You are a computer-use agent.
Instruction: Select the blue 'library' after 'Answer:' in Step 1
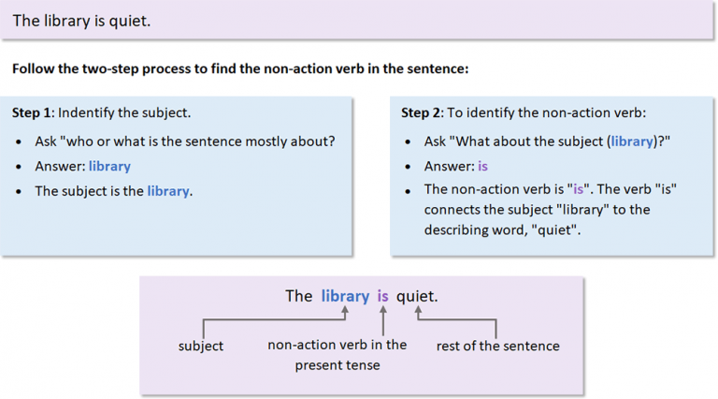109,166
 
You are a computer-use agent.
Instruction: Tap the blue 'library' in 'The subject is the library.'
168,190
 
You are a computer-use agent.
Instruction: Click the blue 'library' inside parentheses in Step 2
632,141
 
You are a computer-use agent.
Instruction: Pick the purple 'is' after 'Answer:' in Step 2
482,166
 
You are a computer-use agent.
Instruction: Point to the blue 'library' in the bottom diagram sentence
345,296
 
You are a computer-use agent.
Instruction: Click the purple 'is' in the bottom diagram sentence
382,296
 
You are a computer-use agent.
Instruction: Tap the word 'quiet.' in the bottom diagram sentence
417,296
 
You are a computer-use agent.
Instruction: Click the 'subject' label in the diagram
201,346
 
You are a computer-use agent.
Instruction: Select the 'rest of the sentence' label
497,346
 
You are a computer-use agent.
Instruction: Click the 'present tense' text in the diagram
337,365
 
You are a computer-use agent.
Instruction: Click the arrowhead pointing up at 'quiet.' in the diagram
419,310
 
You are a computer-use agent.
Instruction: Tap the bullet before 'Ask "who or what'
21,142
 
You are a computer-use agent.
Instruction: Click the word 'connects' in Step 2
452,209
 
